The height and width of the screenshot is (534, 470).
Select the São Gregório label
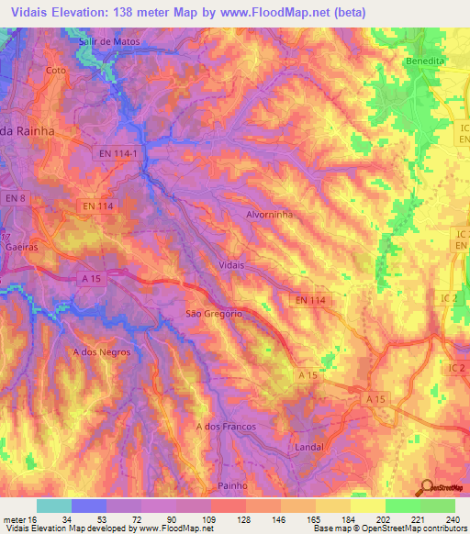click(214, 314)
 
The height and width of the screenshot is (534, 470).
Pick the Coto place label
click(56, 70)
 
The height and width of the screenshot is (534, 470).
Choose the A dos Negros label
click(101, 351)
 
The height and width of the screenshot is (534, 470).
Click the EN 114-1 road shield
click(120, 155)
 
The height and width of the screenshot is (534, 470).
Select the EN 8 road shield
click(14, 198)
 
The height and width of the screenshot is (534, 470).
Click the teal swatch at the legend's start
click(53, 506)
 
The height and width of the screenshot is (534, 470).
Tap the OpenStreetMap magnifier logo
click(426, 487)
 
